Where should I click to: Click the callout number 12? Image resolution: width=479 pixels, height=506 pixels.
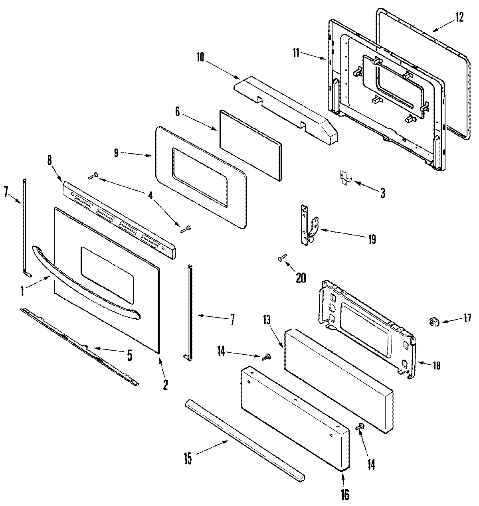tap(459, 18)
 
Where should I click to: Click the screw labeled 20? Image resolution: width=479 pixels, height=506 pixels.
tap(283, 259)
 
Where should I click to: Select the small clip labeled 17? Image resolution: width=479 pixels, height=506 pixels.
tap(434, 321)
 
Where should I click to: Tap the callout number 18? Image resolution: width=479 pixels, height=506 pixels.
tap(437, 365)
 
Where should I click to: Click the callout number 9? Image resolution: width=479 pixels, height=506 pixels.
tap(116, 154)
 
